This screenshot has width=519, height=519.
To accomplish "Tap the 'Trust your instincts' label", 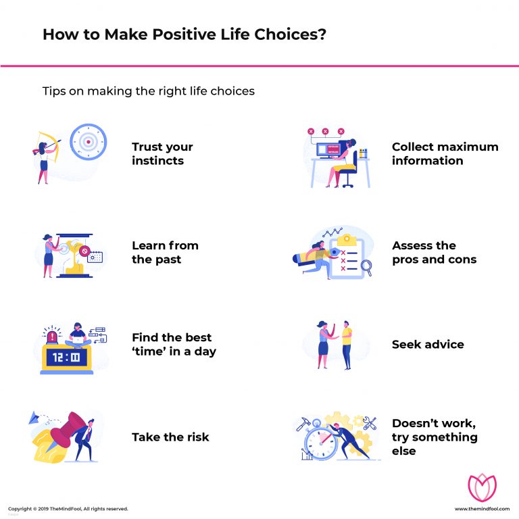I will [x=162, y=153].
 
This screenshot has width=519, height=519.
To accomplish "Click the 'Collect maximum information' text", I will [x=445, y=153].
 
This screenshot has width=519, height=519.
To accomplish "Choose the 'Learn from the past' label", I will [x=165, y=252].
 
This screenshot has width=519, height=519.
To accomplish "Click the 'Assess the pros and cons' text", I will [x=434, y=252].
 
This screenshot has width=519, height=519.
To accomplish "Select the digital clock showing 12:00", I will [x=66, y=357].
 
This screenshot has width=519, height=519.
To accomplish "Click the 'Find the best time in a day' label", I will [x=174, y=344].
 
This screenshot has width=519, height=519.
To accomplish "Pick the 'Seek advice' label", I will [x=428, y=345].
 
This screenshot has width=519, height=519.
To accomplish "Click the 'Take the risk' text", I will [x=170, y=437].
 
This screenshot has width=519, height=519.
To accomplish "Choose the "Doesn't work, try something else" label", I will [x=434, y=437].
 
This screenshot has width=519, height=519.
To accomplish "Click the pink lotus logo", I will [x=481, y=487].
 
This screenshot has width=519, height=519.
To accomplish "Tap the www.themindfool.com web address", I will [x=480, y=509].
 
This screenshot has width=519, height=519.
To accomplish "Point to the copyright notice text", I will [x=68, y=509].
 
